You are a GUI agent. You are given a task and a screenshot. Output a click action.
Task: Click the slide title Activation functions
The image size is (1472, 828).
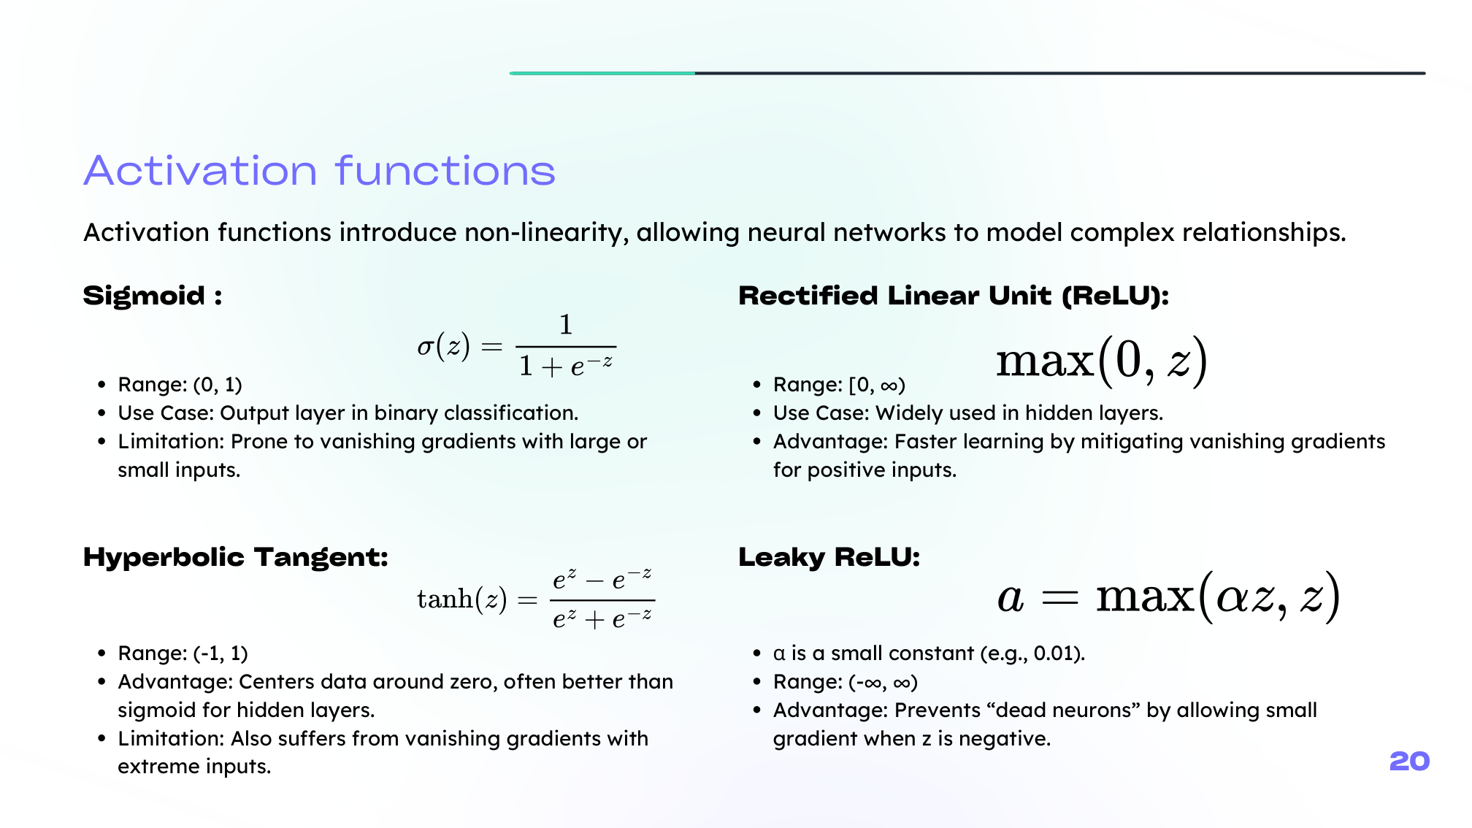pyautogui.click(x=319, y=171)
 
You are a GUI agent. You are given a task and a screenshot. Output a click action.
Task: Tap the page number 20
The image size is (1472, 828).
pyautogui.click(x=1409, y=762)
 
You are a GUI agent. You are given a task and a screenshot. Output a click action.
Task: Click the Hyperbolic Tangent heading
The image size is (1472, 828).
pyautogui.click(x=235, y=557)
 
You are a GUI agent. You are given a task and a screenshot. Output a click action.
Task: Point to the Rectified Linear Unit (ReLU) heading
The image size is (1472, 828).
pyautogui.click(x=953, y=296)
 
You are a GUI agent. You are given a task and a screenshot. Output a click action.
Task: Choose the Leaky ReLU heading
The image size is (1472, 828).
pyautogui.click(x=829, y=557)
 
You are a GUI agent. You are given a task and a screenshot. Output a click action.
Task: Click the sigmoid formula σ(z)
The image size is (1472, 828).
pyautogui.click(x=515, y=346)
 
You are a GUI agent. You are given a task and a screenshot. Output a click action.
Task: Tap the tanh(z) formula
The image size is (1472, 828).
pyautogui.click(x=535, y=599)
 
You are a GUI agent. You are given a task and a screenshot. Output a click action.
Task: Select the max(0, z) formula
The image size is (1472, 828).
pyautogui.click(x=1101, y=361)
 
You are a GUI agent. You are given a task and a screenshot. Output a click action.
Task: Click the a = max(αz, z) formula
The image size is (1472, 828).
pyautogui.click(x=1168, y=597)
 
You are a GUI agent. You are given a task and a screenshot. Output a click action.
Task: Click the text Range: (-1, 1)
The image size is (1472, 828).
pyautogui.click(x=183, y=653)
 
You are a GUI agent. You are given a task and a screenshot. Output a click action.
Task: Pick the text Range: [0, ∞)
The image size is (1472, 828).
pyautogui.click(x=839, y=385)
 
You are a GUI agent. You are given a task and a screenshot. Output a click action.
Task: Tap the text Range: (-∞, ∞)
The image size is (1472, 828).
pyautogui.click(x=845, y=682)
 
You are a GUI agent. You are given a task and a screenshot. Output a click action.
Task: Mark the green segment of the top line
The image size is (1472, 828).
pyautogui.click(x=602, y=73)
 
